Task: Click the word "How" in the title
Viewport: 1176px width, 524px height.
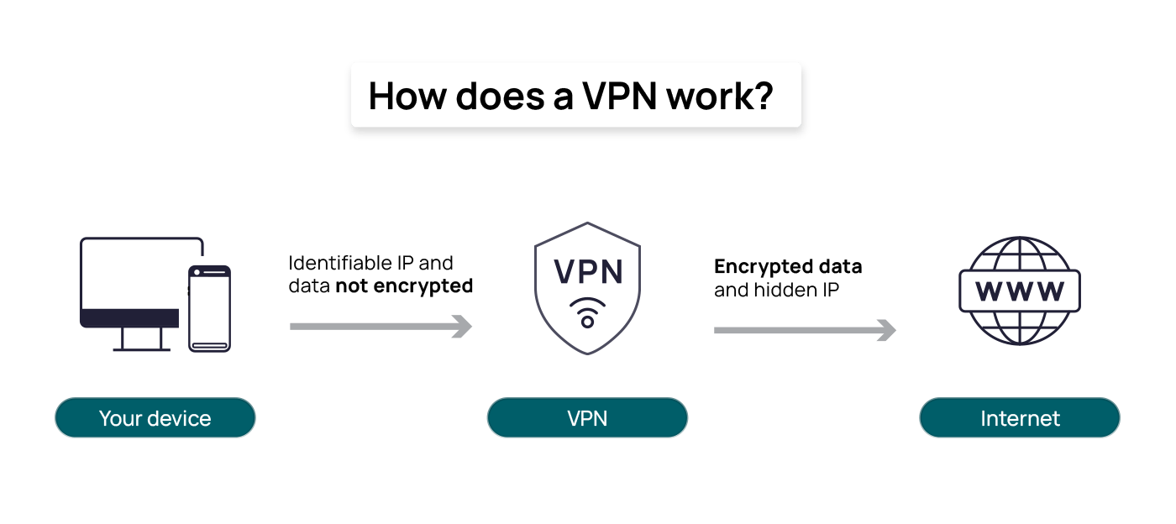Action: click(407, 97)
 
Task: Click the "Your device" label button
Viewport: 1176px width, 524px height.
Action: click(155, 418)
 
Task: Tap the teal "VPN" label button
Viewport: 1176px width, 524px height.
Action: click(587, 418)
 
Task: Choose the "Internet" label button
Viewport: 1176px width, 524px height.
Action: click(1020, 418)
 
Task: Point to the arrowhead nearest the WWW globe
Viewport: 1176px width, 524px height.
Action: click(887, 331)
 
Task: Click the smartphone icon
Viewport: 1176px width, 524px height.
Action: click(209, 307)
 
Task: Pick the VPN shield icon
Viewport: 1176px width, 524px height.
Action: click(587, 290)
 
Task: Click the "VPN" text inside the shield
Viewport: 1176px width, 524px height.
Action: click(587, 272)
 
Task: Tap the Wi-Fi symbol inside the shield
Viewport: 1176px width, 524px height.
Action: click(587, 313)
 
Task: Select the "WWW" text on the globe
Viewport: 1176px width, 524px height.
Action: click(1019, 291)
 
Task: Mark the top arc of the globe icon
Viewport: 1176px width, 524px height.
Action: click(1019, 239)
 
